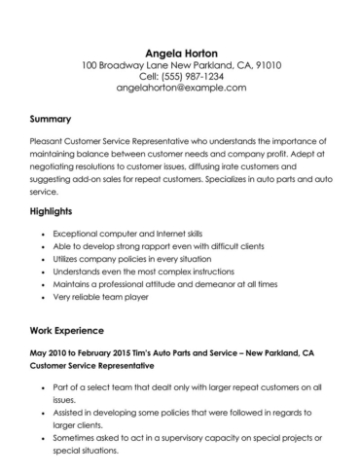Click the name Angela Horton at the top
pyautogui.click(x=180, y=52)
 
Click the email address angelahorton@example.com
pyautogui.click(x=180, y=88)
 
